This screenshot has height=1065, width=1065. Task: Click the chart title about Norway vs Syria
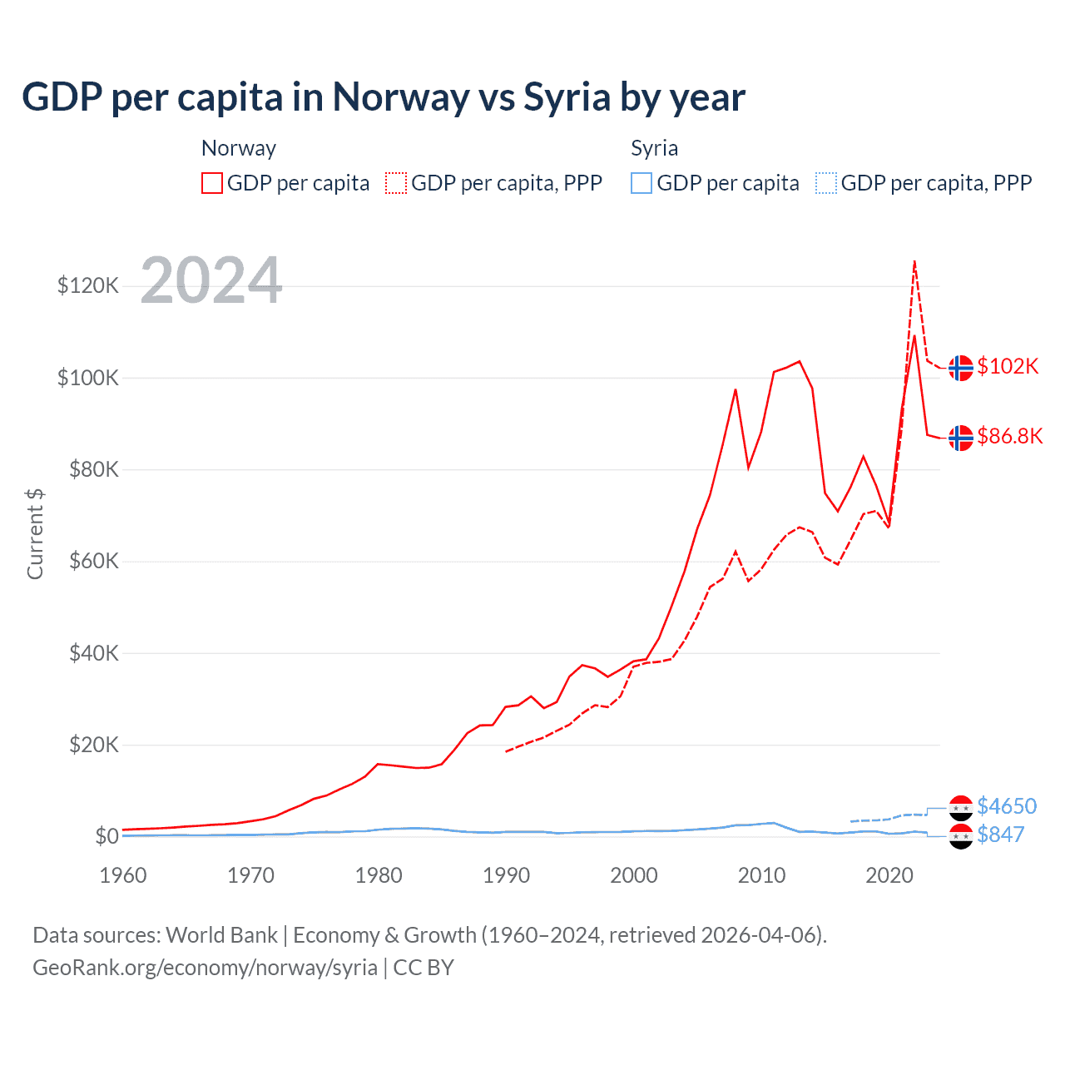pyautogui.click(x=384, y=97)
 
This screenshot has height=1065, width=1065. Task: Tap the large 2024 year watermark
pyautogui.click(x=211, y=280)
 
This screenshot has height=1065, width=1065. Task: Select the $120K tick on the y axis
pyautogui.click(x=88, y=286)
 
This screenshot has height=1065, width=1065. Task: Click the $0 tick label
pyautogui.click(x=106, y=836)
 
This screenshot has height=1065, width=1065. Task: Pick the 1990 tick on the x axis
pyautogui.click(x=506, y=875)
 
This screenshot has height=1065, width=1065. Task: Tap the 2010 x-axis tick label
pyautogui.click(x=761, y=875)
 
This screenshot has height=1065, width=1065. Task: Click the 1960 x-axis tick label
pyautogui.click(x=123, y=875)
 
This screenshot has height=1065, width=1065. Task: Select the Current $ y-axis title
pyautogui.click(x=35, y=534)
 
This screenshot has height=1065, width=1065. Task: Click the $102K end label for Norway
pyautogui.click(x=1008, y=367)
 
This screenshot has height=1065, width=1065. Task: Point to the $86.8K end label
pyautogui.click(x=1009, y=437)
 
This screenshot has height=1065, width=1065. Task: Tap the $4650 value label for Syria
pyautogui.click(x=1007, y=806)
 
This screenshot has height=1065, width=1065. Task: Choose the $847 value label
pyautogui.click(x=1000, y=835)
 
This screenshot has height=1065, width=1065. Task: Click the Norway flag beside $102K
pyautogui.click(x=961, y=367)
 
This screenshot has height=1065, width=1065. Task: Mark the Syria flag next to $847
pyautogui.click(x=961, y=836)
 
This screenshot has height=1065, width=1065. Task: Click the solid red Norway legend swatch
pyautogui.click(x=212, y=183)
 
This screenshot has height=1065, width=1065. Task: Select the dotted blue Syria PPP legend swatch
pyautogui.click(x=826, y=183)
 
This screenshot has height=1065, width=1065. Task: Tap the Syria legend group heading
pyautogui.click(x=654, y=148)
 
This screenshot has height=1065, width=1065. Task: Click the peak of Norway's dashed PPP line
pyautogui.click(x=914, y=262)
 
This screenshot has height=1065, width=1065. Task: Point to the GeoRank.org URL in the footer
pyautogui.click(x=205, y=968)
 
